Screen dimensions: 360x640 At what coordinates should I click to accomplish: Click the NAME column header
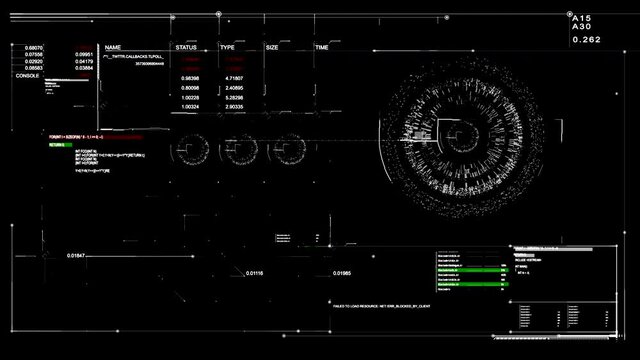coord(113,47)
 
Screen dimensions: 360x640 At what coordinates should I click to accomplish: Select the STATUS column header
coord(186,47)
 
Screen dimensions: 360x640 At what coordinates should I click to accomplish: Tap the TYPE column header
coord(227,47)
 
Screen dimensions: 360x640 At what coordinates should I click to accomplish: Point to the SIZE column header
coord(272,47)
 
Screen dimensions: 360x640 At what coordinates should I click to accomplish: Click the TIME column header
coord(322,47)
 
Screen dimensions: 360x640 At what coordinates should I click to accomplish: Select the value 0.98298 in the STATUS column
coord(188,77)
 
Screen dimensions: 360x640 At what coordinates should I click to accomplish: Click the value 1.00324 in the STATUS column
coord(188,106)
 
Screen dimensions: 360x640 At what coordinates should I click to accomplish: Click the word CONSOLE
coord(28,76)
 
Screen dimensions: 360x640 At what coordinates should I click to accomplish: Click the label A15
coord(581,18)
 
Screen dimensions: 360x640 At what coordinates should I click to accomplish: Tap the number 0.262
coord(586,40)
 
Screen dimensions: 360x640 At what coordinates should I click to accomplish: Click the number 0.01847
coord(76,257)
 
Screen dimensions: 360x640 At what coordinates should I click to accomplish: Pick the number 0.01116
coord(254,273)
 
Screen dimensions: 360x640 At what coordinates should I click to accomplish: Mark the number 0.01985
coord(342,273)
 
